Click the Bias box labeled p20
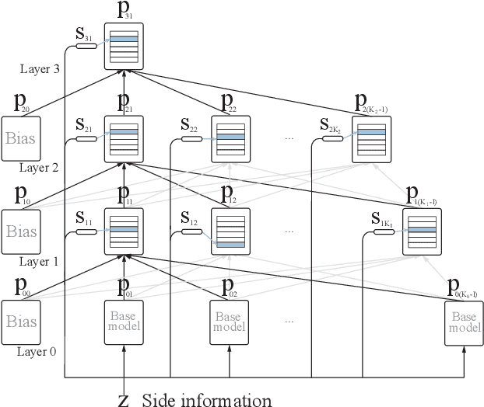(21, 140)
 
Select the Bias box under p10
(21, 231)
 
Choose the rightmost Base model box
(464, 322)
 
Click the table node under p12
(230, 231)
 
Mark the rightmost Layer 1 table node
(420, 231)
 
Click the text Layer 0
(37, 351)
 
